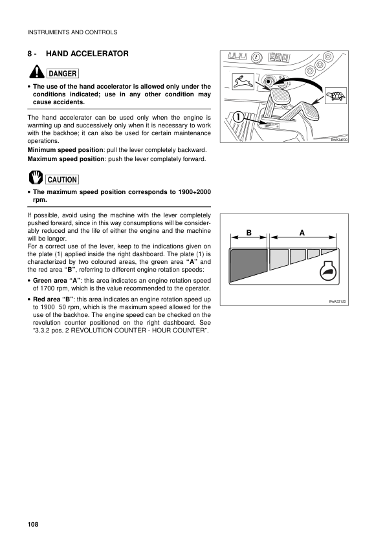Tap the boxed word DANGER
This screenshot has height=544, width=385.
click(61, 74)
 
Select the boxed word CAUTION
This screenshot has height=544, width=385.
click(62, 180)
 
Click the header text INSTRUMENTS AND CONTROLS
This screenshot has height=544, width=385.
click(72, 32)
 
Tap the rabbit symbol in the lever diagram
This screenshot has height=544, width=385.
click(241, 81)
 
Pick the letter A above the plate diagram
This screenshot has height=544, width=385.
click(302, 232)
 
